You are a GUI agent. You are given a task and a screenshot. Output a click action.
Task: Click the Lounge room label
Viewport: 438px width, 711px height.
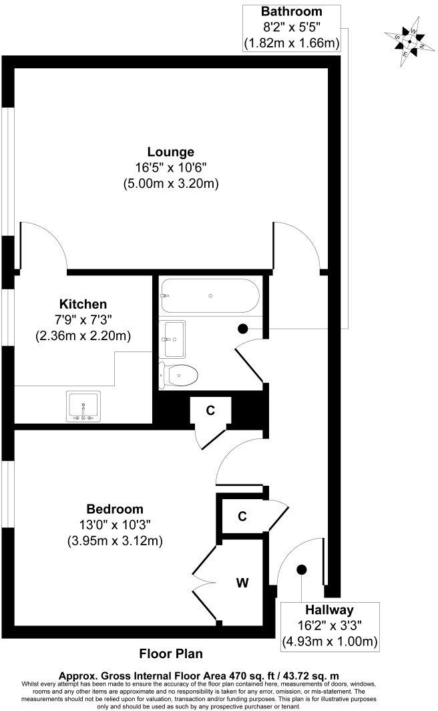click(x=172, y=152)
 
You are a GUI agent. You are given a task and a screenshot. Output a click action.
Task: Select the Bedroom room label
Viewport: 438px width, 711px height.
click(x=114, y=509)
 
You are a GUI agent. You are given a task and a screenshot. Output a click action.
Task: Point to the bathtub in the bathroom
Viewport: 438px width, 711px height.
click(x=210, y=295)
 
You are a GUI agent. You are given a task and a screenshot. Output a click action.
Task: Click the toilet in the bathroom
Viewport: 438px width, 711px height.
click(x=181, y=375)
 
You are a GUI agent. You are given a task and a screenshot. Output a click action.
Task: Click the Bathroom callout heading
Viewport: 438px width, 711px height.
click(x=291, y=11)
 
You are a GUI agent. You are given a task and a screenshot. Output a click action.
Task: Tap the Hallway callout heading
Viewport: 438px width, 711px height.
click(x=329, y=609)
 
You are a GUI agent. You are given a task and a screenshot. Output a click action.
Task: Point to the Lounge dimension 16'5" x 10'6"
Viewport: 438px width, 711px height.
click(x=172, y=167)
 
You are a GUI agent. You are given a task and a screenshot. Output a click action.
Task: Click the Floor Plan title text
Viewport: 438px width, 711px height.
click(x=170, y=654)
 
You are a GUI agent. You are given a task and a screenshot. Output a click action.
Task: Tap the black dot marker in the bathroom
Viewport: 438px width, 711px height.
click(x=243, y=328)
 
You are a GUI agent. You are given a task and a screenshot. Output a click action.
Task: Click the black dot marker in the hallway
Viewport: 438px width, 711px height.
click(x=302, y=569)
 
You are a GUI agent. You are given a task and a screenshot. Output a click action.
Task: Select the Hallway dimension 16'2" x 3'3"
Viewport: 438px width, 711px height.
click(x=329, y=626)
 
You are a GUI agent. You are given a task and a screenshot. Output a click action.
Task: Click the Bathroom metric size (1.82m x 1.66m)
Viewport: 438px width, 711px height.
click(x=291, y=43)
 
